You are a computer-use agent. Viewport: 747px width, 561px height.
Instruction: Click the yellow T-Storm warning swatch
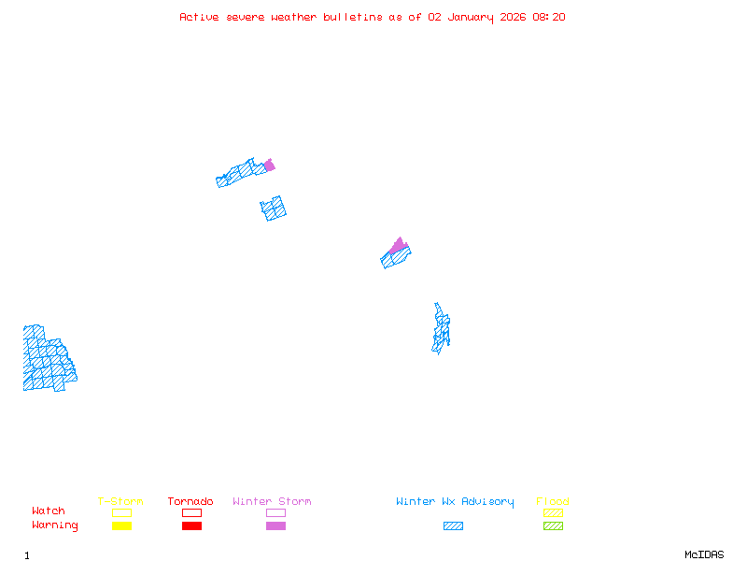[121, 526]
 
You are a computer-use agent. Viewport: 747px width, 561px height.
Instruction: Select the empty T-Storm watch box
[121, 512]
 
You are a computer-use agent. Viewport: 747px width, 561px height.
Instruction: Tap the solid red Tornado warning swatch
[191, 526]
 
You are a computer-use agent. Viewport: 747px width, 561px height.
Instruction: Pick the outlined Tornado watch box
[191, 512]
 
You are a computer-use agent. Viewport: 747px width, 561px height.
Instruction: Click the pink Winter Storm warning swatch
[275, 526]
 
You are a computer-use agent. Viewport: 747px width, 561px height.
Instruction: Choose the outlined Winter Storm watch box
[275, 512]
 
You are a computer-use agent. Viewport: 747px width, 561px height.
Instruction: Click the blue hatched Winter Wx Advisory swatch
[453, 526]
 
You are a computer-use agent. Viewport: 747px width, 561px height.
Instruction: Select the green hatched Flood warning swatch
[553, 526]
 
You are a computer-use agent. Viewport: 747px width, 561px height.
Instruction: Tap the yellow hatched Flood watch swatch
[553, 512]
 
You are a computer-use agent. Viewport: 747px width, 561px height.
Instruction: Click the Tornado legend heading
[190, 502]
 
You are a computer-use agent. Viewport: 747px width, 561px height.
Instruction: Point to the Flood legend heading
[553, 502]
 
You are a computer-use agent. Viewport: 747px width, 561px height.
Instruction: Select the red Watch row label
[49, 511]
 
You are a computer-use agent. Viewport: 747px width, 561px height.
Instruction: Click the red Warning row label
[55, 525]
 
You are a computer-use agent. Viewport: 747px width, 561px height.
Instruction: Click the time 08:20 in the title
[549, 17]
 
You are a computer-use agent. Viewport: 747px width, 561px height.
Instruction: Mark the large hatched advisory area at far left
[47, 360]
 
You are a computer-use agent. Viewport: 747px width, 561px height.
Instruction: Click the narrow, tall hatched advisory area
[441, 329]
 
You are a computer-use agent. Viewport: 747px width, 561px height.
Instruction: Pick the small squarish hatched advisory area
[274, 208]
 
